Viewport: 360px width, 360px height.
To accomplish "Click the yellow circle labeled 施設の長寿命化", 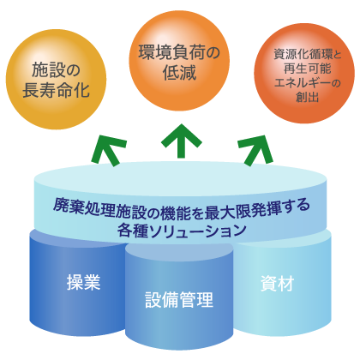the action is [56, 80].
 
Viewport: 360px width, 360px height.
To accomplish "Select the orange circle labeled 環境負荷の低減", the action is [179, 61].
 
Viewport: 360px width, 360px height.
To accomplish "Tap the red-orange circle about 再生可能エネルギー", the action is [304, 73].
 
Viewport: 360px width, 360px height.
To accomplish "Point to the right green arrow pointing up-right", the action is [255, 150].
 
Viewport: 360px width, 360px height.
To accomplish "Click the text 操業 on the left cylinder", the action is [83, 282].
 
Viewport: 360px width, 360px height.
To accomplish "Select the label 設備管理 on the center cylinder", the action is [179, 300].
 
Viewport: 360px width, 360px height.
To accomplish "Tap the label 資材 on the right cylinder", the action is [277, 284].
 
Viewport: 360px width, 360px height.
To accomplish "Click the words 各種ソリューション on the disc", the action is [182, 231].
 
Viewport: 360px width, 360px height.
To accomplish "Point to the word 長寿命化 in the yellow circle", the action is [56, 90].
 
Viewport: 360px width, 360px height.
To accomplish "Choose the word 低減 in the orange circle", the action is [179, 72].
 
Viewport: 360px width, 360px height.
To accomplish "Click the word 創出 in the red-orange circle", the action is [307, 97].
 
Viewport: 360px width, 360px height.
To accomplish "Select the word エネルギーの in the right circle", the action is [307, 83].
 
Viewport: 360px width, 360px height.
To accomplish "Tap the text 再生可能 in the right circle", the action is [307, 69].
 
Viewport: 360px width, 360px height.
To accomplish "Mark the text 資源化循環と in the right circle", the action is [308, 54].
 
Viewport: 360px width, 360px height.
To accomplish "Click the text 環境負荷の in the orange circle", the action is [179, 52].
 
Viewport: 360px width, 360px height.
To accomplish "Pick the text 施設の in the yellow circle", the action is [56, 70].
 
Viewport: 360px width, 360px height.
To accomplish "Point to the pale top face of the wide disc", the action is [180, 178].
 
